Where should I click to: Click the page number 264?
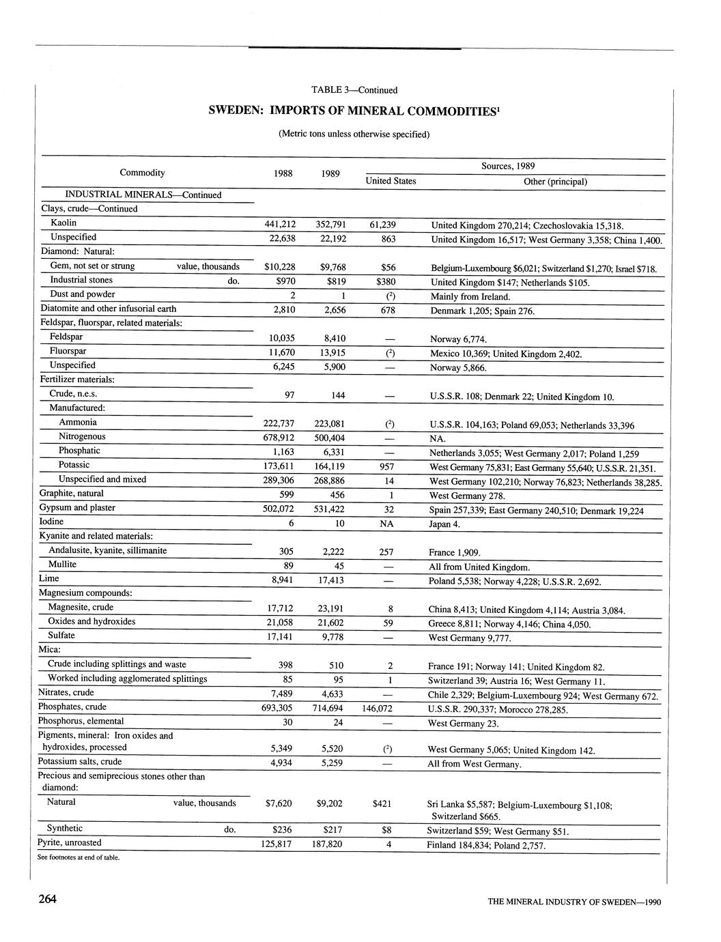pos(47,899)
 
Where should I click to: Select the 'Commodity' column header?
pos(142,173)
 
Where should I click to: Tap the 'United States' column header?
pos(391,181)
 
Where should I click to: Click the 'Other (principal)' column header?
pos(554,182)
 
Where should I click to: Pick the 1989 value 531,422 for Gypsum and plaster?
pos(330,509)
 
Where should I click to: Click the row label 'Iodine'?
pos(51,522)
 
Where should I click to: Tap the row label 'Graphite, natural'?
pos(72,493)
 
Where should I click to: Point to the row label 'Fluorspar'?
pos(68,351)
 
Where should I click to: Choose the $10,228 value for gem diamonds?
pos(279,267)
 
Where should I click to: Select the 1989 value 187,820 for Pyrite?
pos(330,844)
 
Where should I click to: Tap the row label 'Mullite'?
pos(62,565)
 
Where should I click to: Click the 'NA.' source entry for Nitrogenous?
pos(437,438)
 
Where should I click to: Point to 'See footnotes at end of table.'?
pos(79,857)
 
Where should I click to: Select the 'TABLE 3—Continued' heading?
pos(354,89)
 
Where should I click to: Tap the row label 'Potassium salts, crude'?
pos(80,761)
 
